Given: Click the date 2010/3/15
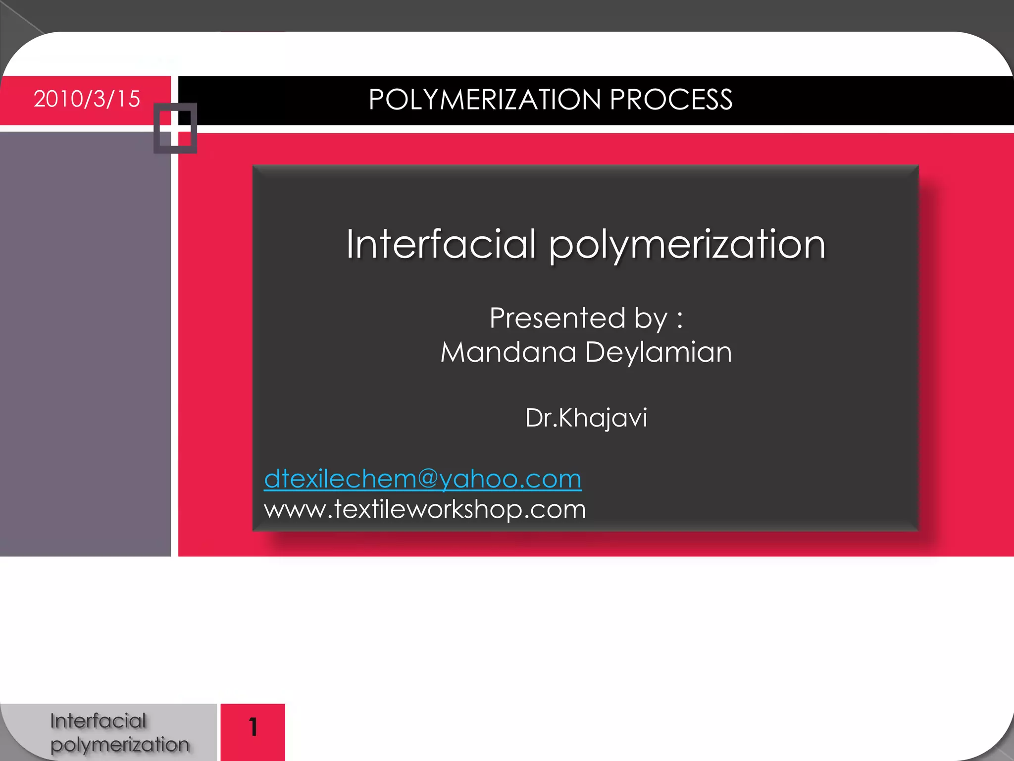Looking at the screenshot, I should coord(87,99).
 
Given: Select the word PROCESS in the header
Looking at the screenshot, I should coord(671,100).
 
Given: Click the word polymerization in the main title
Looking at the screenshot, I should coord(687,245).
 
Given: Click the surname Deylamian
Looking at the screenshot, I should coord(659,352).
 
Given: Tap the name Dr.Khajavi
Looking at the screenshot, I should coord(586,418).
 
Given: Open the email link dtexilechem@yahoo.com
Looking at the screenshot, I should coord(422,479).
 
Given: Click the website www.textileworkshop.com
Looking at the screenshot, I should coord(425,509).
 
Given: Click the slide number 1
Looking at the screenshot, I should coord(253,727).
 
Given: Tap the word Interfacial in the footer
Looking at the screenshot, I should coord(98,721).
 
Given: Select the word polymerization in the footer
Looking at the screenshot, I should coord(120,745).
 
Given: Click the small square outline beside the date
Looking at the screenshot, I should coord(175,128).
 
